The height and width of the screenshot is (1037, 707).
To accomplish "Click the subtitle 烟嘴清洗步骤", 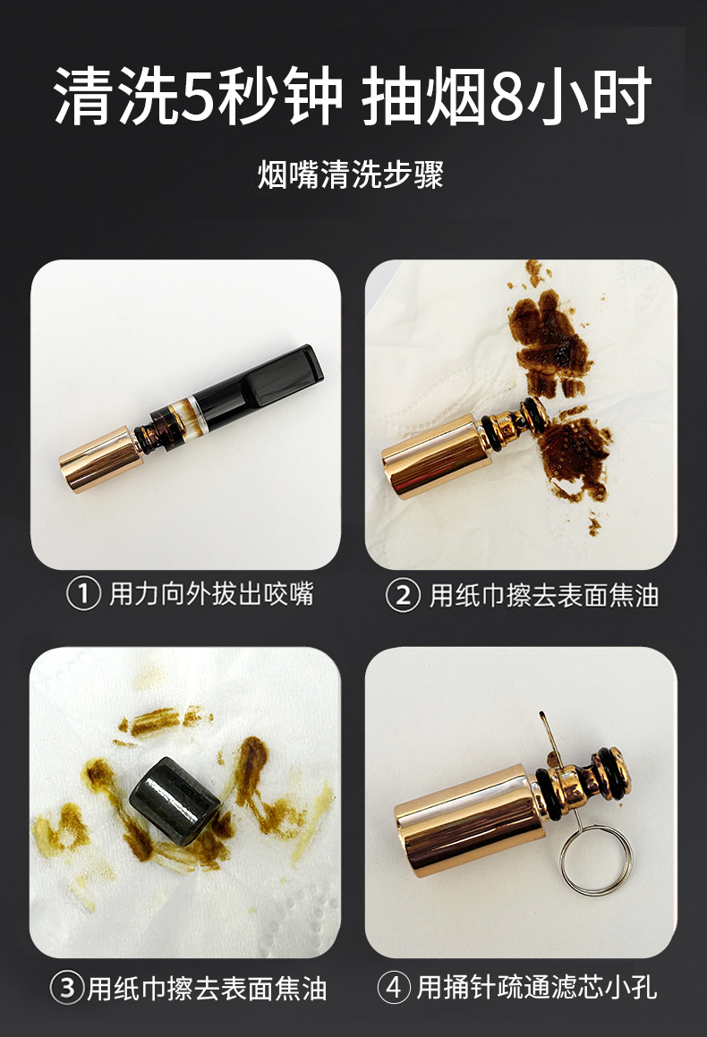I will tap(352, 174).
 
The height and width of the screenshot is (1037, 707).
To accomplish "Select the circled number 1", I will tap(83, 594).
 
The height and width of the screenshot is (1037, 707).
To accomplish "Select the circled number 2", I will tap(403, 595).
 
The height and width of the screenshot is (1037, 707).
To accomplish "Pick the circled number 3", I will tap(67, 988).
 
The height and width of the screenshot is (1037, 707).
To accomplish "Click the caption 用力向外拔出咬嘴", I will tap(211, 594).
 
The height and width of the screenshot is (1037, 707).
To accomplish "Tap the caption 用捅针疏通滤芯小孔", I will tap(537, 988).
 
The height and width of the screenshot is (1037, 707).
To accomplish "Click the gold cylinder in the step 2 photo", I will tap(430, 456).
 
